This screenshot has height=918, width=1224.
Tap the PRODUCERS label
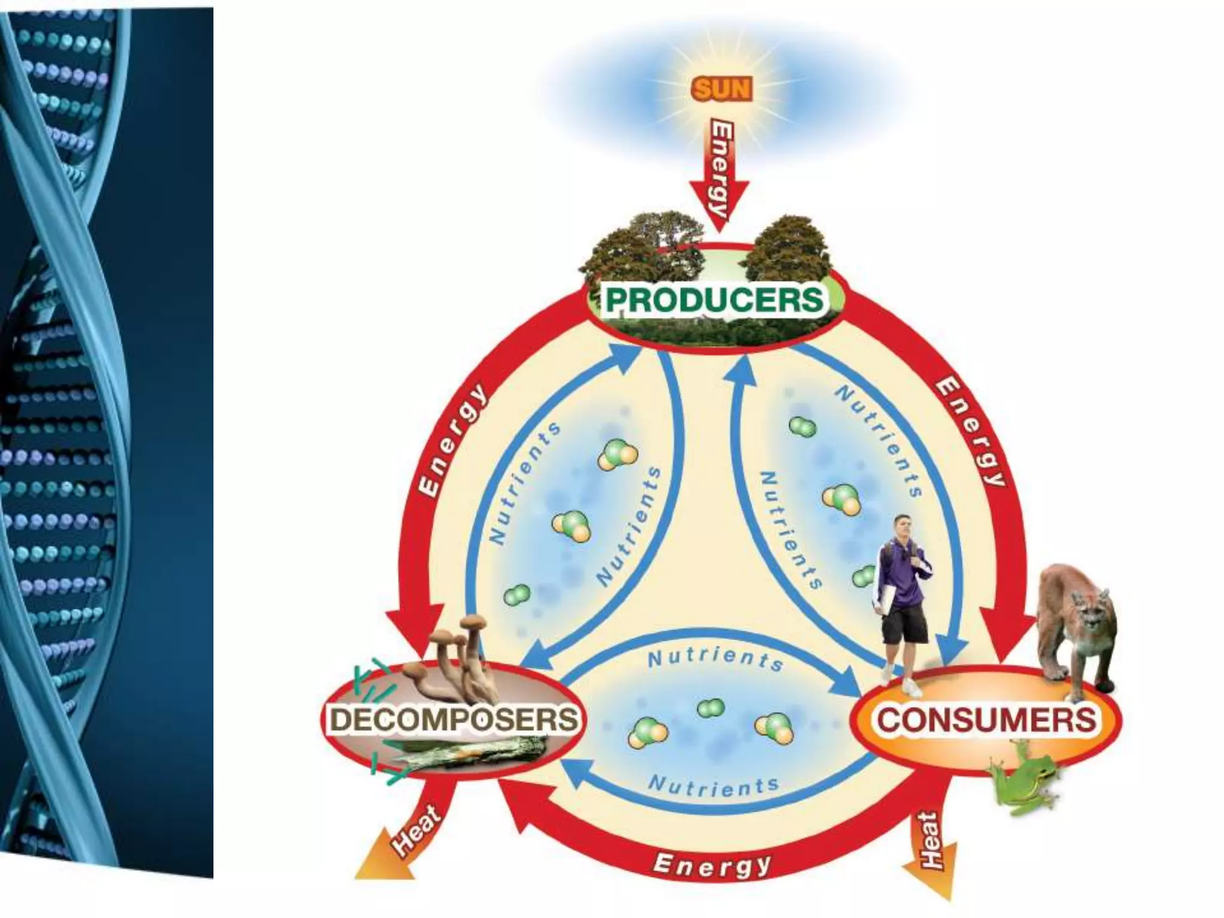click(x=715, y=299)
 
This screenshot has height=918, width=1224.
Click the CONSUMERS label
click(x=987, y=719)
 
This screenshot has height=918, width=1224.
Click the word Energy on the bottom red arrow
click(x=711, y=865)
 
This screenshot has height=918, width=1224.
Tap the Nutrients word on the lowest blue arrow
click(x=714, y=786)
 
